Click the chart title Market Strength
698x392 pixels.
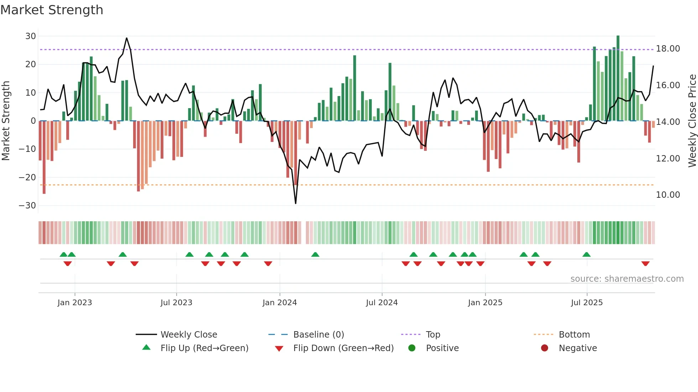pos(52,10)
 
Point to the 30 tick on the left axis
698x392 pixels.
pos(31,36)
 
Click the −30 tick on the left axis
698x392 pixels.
pos(27,206)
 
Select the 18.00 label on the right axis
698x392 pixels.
pos(668,49)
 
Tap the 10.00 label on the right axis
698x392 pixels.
pos(668,195)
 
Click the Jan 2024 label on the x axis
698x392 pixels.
pos(280,303)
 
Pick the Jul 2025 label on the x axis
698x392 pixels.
pos(587,303)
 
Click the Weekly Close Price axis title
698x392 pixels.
pos(692,121)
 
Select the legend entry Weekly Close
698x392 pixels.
pos(188,335)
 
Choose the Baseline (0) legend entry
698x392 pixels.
pos(318,335)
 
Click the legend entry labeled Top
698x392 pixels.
pos(433,335)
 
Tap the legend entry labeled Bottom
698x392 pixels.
pos(574,335)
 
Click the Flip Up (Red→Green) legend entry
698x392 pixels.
pos(204,348)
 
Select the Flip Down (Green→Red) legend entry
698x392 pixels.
pos(343,348)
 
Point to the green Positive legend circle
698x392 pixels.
pos(412,348)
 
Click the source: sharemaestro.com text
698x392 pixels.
pos(627,279)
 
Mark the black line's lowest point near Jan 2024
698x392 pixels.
pos(296,203)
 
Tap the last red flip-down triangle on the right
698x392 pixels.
pos(645,264)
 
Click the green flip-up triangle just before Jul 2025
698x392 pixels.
pos(586,254)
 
